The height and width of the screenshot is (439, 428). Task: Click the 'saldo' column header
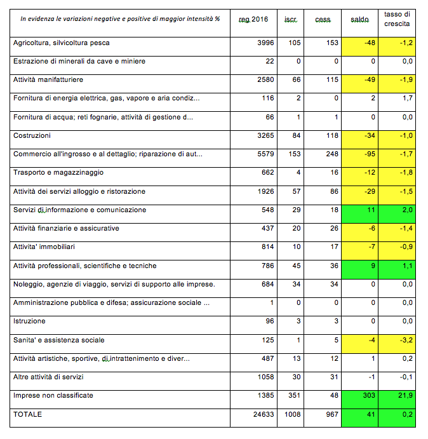tap(359, 20)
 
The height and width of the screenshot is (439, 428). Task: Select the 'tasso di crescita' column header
tap(397, 19)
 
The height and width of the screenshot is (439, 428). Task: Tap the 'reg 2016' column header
tap(253, 20)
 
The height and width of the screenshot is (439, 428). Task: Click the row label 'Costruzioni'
tap(32, 135)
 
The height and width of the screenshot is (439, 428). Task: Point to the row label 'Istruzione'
tap(29, 321)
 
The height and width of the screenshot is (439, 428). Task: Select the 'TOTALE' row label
tap(27, 414)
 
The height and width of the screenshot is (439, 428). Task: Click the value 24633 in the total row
tap(264, 414)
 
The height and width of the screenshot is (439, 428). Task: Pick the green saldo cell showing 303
tap(359, 400)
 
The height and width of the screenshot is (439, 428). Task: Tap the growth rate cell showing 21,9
tap(397, 400)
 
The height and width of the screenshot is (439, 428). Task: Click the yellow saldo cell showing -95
tap(359, 158)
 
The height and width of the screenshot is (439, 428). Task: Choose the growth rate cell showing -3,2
tap(397, 344)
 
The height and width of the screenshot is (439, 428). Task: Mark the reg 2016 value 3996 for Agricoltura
tap(265, 43)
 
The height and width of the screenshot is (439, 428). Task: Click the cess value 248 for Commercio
tap(332, 154)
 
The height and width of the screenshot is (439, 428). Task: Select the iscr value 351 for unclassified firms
tap(294, 395)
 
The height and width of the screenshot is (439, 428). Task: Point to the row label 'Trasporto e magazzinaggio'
tap(58, 172)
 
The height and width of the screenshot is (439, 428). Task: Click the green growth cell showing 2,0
tap(397, 214)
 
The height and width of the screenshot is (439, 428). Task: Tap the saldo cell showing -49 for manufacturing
tap(359, 84)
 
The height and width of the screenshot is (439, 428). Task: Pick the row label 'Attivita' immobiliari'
tap(44, 247)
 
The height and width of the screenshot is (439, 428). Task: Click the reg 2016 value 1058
tap(265, 377)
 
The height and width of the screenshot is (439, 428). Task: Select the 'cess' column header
tap(323, 20)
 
